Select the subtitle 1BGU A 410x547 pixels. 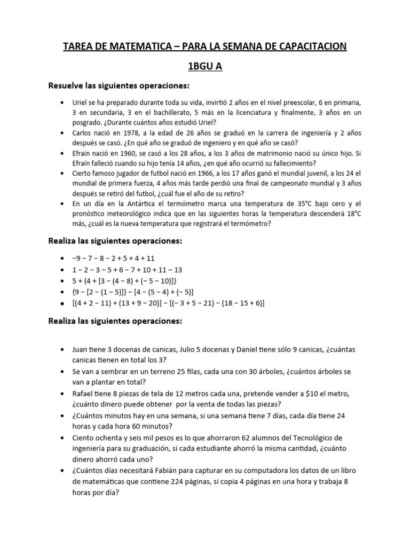[x=205, y=67]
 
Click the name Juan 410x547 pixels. [x=81, y=349]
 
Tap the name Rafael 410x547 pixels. [x=84, y=393]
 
